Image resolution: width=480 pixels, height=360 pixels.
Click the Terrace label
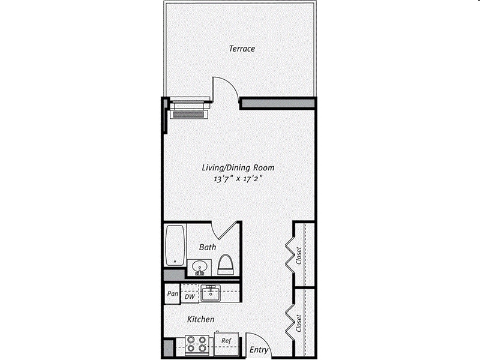coord(242,49)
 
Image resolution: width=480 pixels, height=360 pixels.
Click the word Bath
coord(208,247)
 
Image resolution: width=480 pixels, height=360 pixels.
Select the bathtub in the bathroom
coord(175,245)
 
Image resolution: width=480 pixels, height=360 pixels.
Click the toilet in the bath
coord(226,263)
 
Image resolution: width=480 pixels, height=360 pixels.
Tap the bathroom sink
coord(199,266)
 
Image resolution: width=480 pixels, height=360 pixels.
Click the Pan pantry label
coord(172,295)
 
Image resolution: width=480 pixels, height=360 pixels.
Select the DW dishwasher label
coord(189,296)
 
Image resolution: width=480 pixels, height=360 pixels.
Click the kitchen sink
coord(211,293)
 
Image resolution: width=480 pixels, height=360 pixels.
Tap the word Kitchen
coord(200,320)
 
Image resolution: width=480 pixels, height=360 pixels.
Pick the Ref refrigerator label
coord(226,340)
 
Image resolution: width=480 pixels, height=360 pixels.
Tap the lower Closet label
coord(299,323)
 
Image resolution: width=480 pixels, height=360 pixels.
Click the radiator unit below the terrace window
coord(189,110)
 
